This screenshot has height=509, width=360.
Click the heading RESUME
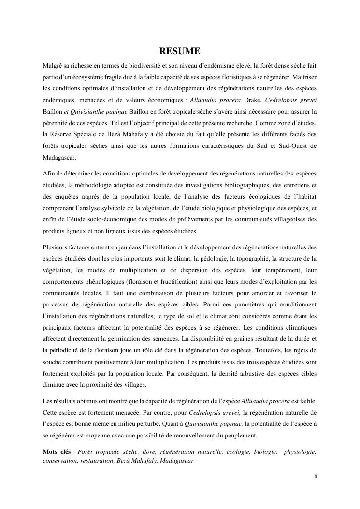coord(180,51)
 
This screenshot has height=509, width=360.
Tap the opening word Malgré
coord(54,64)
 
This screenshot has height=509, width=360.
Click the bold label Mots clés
coord(57,451)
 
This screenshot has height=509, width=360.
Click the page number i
coord(316,476)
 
